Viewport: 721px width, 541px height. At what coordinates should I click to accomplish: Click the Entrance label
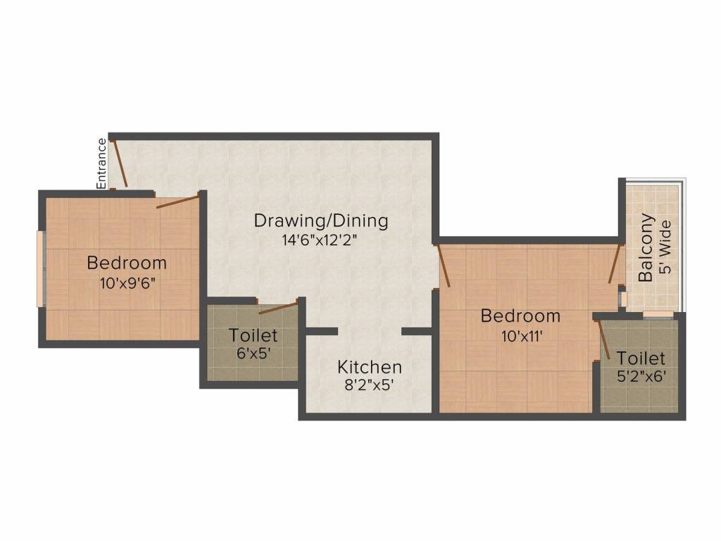(x=101, y=163)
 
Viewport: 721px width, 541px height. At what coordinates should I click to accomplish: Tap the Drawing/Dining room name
(x=321, y=220)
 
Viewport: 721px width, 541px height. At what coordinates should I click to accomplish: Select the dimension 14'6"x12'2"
(x=320, y=240)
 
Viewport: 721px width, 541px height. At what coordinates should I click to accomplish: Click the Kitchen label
(x=370, y=367)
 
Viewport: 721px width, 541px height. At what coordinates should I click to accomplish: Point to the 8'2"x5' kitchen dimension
(x=370, y=385)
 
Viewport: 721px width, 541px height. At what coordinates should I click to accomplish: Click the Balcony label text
(x=646, y=247)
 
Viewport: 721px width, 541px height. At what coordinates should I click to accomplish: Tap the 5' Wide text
(x=665, y=247)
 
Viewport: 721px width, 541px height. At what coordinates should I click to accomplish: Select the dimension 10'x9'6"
(x=127, y=283)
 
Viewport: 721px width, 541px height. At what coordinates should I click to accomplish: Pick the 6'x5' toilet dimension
(x=253, y=354)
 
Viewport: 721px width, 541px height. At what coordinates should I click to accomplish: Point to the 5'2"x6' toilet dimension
(x=641, y=377)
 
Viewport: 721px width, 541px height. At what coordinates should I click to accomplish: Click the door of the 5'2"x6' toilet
(x=603, y=340)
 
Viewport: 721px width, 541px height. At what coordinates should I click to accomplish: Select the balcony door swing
(x=615, y=264)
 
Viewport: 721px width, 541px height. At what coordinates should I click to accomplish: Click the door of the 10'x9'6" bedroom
(x=177, y=201)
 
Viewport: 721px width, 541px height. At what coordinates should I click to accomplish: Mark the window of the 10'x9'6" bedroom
(x=40, y=268)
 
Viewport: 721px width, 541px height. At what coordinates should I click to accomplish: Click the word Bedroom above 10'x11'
(x=520, y=316)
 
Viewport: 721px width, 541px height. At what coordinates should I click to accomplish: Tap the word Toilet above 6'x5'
(x=253, y=335)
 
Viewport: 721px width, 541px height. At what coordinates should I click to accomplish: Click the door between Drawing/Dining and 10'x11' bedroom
(x=443, y=266)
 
